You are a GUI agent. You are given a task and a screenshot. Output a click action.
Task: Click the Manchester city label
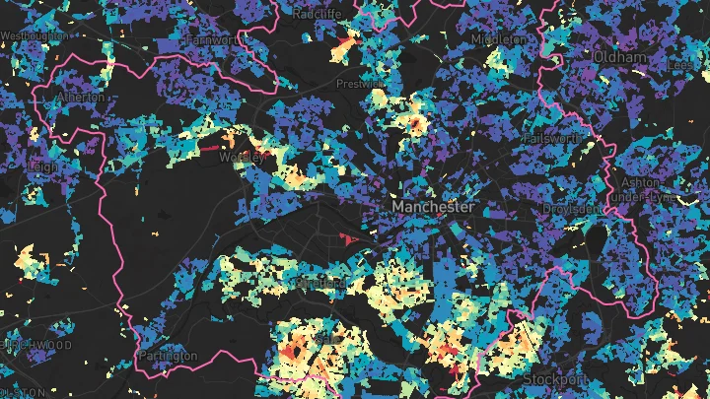click(x=433, y=208)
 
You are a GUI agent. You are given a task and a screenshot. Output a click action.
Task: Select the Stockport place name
click(x=555, y=378)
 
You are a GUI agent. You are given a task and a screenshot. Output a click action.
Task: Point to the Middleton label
click(x=498, y=37)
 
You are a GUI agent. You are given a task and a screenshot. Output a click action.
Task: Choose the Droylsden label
click(x=570, y=209)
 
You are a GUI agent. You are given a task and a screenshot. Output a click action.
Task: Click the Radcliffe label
click(x=319, y=13)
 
